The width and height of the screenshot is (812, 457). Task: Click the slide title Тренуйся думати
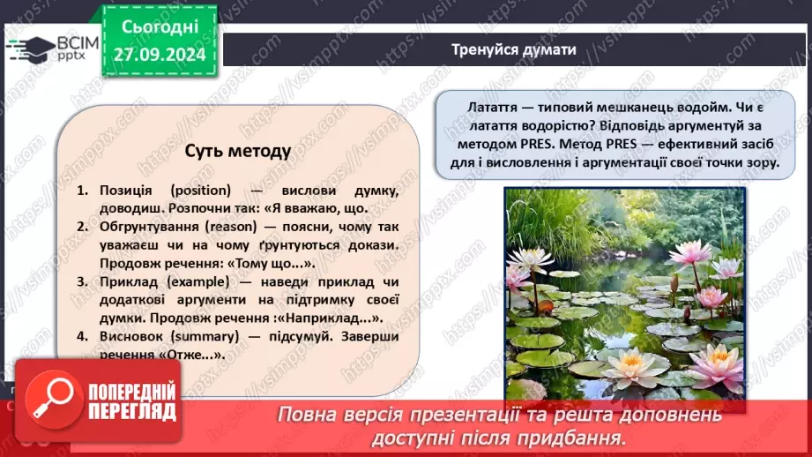(x=513, y=49)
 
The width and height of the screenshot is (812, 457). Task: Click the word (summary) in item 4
(x=198, y=336)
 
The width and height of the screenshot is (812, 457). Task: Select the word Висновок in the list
(x=125, y=336)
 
